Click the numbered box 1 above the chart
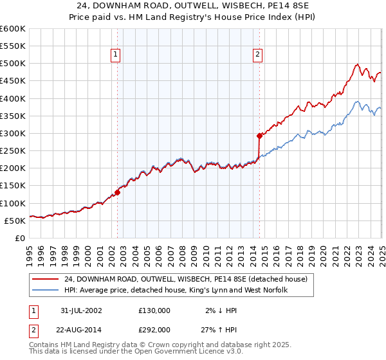tap(115, 55)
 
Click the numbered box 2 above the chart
tap(257, 55)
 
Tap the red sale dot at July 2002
tap(118, 192)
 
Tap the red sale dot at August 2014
tap(259, 136)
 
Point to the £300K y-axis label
tap(13, 133)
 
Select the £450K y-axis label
tap(13, 81)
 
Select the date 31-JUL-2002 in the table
tap(79, 310)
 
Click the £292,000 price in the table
tap(154, 328)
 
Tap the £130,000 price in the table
tap(154, 310)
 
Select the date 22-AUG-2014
tap(80, 328)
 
